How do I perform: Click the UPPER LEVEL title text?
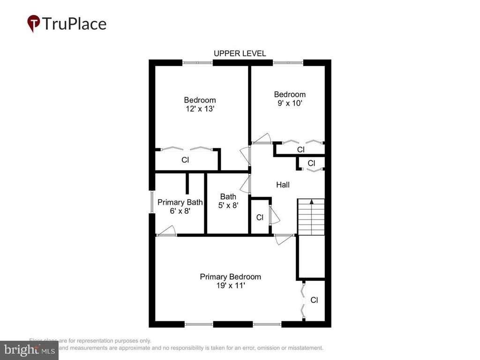tap(240, 53)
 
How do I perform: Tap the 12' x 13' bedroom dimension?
tap(200, 108)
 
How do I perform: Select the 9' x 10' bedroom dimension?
tap(290, 103)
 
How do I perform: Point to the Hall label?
tap(283, 185)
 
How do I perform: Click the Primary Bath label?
tap(180, 202)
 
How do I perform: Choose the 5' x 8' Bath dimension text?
tap(228, 205)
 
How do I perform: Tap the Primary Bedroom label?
tap(230, 277)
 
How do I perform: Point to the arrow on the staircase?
tap(312, 202)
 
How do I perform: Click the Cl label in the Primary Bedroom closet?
tap(314, 300)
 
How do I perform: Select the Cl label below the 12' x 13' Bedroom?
tap(185, 160)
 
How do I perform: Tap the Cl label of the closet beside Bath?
tap(260, 217)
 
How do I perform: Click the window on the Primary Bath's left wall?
tap(152, 202)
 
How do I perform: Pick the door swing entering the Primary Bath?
tap(167, 231)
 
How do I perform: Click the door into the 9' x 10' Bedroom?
tap(261, 138)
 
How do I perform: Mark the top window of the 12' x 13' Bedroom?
tap(197, 62)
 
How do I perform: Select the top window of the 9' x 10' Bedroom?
tap(288, 62)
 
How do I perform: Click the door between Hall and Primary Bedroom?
tap(284, 239)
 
